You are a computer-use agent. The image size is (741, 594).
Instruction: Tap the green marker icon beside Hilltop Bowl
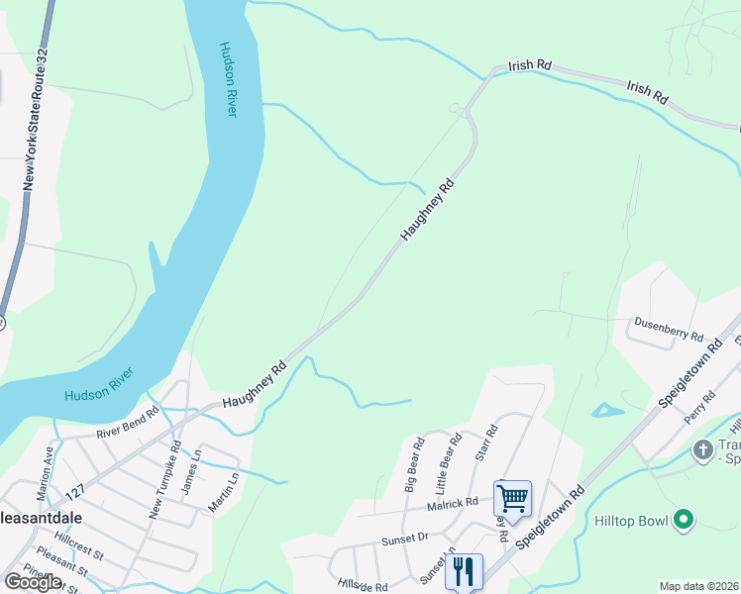click(683, 519)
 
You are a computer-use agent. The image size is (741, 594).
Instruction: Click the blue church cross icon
click(702, 451)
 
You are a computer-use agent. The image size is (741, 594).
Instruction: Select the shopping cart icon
click(512, 498)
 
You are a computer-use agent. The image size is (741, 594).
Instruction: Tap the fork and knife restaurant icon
click(464, 571)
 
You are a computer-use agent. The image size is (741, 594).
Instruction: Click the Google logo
click(33, 581)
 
